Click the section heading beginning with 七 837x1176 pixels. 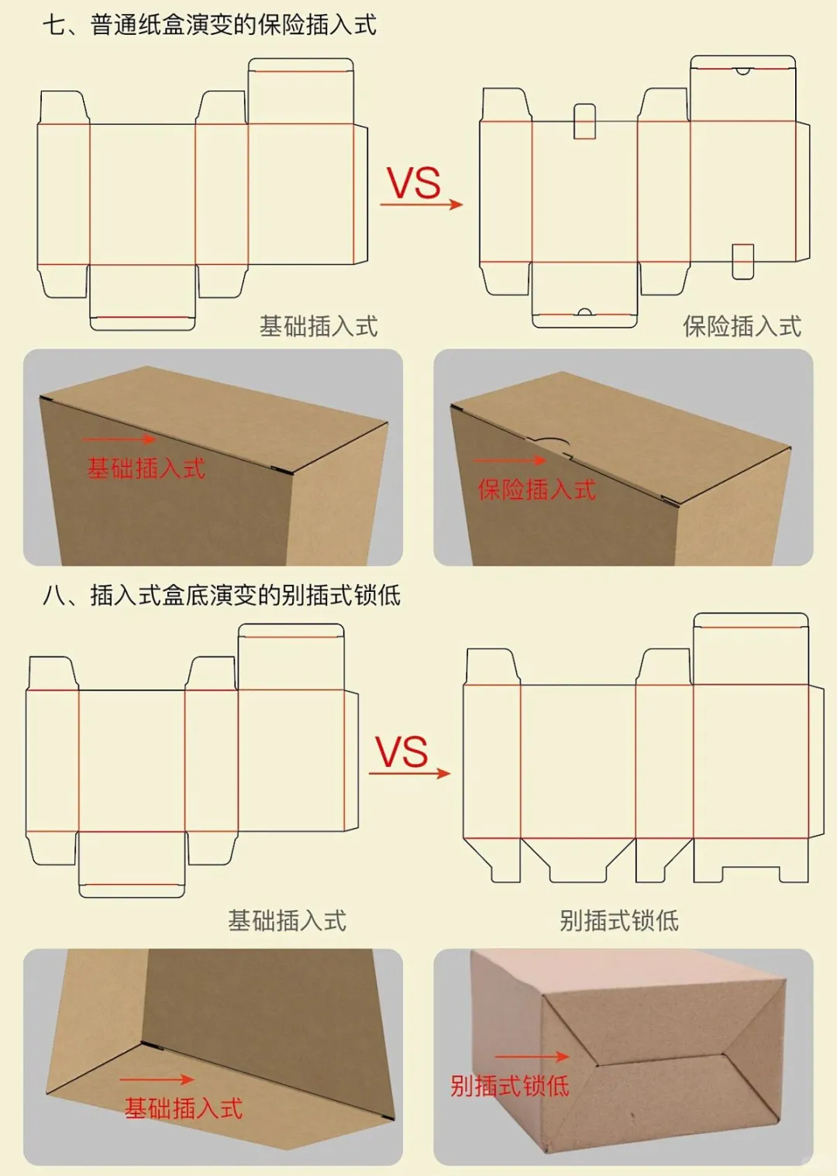[209, 25]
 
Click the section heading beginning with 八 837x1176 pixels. [222, 595]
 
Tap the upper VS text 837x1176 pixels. [413, 184]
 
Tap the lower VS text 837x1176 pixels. [401, 752]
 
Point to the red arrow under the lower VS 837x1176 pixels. [409, 773]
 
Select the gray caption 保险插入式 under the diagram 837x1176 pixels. [742, 326]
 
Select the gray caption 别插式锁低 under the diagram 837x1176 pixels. [619, 920]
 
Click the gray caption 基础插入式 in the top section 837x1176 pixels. [319, 326]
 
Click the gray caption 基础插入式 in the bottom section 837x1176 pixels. [287, 920]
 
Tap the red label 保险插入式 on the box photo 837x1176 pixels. [537, 490]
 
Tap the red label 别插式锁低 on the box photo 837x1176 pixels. [510, 1086]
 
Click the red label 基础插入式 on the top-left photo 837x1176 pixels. [146, 469]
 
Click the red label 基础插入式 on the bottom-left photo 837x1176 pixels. [184, 1109]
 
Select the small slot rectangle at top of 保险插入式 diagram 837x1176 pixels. [584, 122]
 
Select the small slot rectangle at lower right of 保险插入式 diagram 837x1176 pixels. [743, 261]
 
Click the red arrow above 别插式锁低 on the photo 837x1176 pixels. [532, 1057]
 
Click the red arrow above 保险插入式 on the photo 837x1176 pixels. [511, 461]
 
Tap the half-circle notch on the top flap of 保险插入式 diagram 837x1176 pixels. [742, 70]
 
